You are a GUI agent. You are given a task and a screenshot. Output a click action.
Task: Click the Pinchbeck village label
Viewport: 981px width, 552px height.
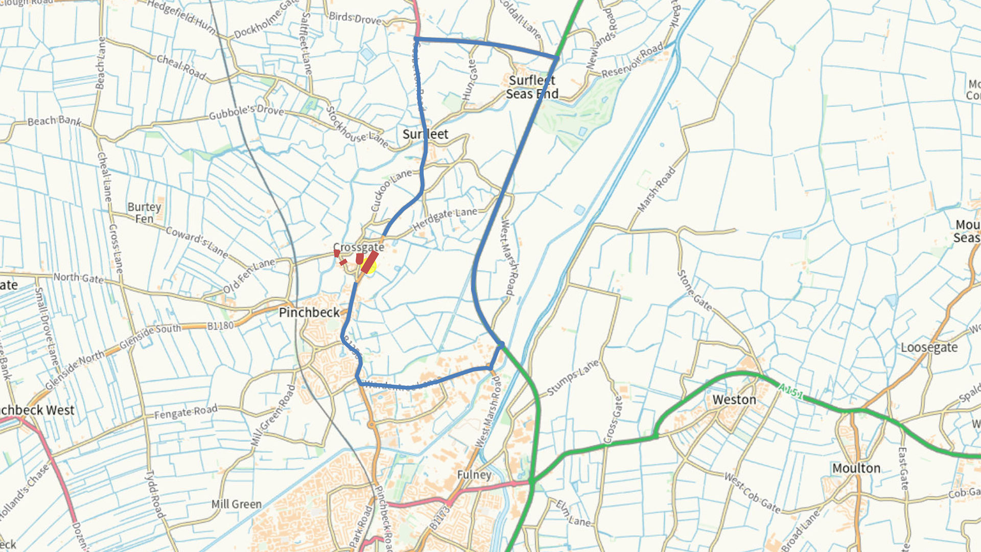pos(309,312)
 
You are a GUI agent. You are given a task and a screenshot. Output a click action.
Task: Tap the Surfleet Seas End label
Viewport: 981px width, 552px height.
pos(532,87)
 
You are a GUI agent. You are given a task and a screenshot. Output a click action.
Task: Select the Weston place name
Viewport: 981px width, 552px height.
pos(734,400)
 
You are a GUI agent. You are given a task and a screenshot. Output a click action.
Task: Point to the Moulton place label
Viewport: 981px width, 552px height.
pos(856,468)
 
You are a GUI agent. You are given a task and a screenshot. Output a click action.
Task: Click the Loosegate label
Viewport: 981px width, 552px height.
pos(929,348)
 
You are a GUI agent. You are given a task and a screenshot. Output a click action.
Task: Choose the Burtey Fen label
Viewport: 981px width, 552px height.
pos(144,213)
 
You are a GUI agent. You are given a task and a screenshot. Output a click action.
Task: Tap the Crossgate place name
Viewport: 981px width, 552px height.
pos(359,247)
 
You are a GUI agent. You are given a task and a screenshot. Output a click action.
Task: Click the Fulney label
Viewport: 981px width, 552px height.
pos(474,475)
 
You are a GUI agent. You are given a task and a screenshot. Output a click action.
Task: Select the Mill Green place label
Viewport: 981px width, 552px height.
pos(237,504)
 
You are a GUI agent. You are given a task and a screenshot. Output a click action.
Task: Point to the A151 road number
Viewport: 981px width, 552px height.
pos(790,392)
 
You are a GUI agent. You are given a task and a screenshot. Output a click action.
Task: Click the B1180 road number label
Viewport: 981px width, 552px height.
pos(220,326)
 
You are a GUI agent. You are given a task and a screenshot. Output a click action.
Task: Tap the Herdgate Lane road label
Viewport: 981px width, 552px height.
pos(445,219)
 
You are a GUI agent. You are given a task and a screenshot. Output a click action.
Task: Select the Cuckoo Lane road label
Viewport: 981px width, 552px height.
pos(391,190)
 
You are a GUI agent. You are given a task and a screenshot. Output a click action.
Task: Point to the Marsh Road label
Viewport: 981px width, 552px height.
pos(657,190)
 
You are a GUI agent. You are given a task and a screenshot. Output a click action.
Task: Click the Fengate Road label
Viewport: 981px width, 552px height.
pos(186,412)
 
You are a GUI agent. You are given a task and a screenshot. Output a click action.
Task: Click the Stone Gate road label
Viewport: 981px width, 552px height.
pos(694,290)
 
